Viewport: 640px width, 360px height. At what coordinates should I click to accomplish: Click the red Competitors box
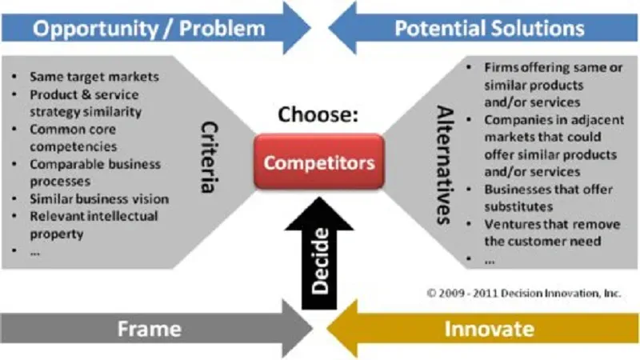pyautogui.click(x=319, y=163)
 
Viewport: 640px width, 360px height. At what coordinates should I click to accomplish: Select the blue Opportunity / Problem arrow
pyautogui.click(x=152, y=29)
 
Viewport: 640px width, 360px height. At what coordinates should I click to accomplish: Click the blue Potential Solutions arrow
pyautogui.click(x=488, y=29)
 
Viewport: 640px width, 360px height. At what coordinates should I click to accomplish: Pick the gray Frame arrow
pyautogui.click(x=152, y=329)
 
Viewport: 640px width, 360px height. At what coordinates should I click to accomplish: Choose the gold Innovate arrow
pyautogui.click(x=488, y=329)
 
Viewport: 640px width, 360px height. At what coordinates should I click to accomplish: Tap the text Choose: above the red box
pyautogui.click(x=318, y=114)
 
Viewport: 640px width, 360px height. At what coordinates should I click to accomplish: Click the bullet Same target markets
pyautogui.click(x=94, y=78)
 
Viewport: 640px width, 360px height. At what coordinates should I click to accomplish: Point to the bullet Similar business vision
pyautogui.click(x=99, y=198)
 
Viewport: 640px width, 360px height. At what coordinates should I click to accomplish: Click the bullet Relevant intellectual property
pyautogui.click(x=94, y=225)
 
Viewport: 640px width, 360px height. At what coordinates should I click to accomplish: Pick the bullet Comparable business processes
pyautogui.click(x=94, y=172)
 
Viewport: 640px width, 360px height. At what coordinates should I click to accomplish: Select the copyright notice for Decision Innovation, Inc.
pyautogui.click(x=523, y=294)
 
